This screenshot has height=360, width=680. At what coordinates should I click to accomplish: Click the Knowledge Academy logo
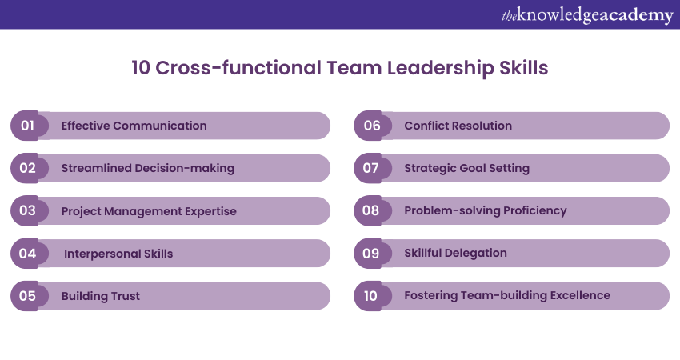coord(586,14)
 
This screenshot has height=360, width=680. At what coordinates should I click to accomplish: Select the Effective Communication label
coord(134,126)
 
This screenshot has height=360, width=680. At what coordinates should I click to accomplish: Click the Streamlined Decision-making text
coord(147,168)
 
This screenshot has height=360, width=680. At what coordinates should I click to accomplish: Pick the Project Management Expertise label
coord(149,211)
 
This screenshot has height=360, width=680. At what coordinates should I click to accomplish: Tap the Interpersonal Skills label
coord(118,254)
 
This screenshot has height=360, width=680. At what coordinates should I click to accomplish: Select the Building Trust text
coord(101,296)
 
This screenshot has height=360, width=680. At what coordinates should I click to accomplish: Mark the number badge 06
coord(372,126)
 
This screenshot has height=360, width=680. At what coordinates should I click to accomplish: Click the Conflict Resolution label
coord(458,126)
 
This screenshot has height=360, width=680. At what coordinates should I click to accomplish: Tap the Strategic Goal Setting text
coord(466,168)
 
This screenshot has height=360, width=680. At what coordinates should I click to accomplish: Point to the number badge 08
coord(372,211)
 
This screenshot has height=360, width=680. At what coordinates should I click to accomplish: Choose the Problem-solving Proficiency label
coord(485,210)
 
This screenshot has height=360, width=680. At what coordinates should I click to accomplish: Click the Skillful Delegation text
coord(455,253)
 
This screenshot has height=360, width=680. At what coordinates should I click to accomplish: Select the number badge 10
coord(371,296)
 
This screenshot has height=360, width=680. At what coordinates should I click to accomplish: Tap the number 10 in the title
coord(141,68)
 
